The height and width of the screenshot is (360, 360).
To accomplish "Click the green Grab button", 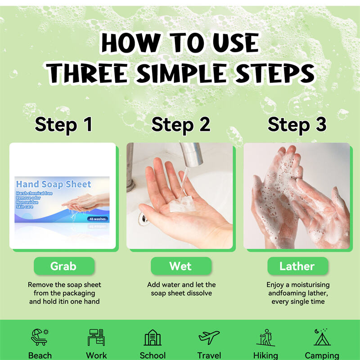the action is [x=64, y=266].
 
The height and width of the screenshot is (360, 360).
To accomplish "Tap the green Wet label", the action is [x=181, y=266].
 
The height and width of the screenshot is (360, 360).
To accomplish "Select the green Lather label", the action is [x=298, y=266].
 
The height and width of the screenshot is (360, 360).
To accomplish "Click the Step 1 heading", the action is [x=63, y=125].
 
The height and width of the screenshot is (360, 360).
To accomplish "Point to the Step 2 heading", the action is [x=181, y=125].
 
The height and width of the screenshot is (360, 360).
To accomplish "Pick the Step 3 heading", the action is [x=297, y=125].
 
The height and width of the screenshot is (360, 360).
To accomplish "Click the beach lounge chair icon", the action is [x=40, y=337].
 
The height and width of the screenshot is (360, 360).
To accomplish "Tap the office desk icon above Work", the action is [x=96, y=337].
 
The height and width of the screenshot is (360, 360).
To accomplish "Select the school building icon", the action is [x=153, y=337].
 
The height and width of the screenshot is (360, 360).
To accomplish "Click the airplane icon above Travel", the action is [x=209, y=337].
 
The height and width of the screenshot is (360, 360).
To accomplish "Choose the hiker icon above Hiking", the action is [x=266, y=337].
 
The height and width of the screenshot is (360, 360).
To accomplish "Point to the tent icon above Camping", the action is [x=322, y=337].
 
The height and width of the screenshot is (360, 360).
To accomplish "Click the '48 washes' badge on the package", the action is [x=98, y=219].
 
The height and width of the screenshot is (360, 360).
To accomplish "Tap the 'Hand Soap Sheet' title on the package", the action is [x=54, y=184].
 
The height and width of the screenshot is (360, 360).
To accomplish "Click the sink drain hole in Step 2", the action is [x=144, y=219].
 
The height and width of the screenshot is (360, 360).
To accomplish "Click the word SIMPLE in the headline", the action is [x=182, y=73].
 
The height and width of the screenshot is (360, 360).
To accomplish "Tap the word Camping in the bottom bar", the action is [x=322, y=355].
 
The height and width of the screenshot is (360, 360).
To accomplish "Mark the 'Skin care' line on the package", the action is [x=25, y=207].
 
